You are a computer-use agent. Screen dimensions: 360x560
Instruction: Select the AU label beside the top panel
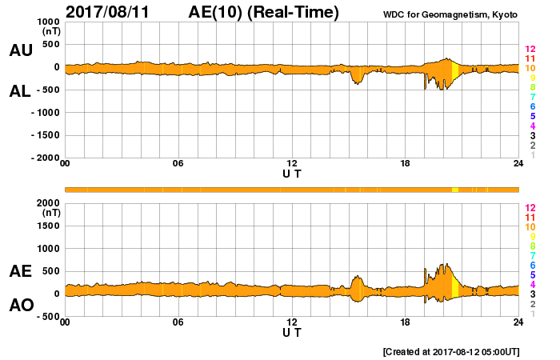point(21,50)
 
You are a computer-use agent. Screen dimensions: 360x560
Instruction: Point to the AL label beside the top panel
point(21,91)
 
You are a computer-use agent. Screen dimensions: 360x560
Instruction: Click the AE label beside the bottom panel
point(21,271)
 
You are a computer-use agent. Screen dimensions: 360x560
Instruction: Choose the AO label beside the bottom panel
point(21,305)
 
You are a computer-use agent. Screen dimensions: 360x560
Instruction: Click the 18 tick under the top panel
point(406,164)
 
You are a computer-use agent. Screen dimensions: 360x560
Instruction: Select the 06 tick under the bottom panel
point(178,322)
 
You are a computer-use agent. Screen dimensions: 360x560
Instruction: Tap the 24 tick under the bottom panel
point(518,322)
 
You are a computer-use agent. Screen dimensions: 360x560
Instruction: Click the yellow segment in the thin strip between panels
point(455,190)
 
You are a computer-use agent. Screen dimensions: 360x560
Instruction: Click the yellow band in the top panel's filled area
point(455,71)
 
